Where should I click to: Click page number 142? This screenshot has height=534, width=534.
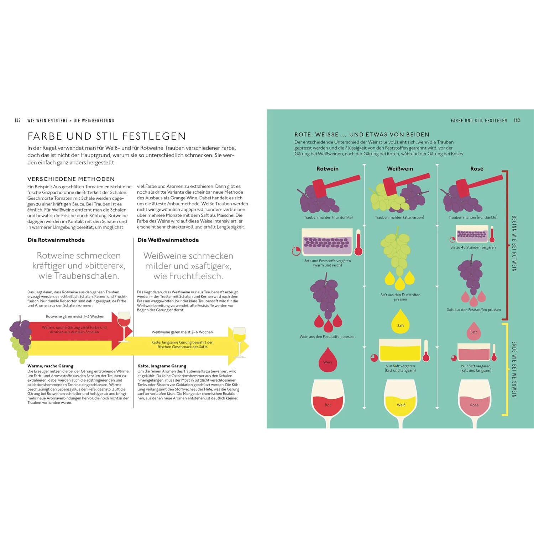[18, 121]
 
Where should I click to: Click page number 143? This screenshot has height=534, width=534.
[517, 121]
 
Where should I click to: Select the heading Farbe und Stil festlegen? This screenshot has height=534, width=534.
[107, 136]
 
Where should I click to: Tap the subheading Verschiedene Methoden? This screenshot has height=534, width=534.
[71, 179]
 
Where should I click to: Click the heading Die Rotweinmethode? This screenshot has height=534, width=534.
[56, 240]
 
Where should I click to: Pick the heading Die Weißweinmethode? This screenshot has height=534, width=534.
[168, 240]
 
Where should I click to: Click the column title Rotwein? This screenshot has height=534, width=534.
[328, 169]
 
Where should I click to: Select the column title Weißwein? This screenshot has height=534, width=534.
[400, 169]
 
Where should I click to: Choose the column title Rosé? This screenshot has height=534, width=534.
[477, 169]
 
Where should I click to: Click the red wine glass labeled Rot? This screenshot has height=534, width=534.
[328, 400]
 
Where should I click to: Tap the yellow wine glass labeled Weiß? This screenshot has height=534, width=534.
[401, 400]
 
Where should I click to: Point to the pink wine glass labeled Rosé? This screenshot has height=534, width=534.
[475, 400]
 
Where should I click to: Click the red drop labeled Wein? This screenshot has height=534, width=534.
[328, 360]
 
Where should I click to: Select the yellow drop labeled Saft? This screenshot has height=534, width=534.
[401, 323]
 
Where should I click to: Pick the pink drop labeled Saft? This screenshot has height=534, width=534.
[473, 331]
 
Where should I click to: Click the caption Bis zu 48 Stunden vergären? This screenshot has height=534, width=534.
[473, 247]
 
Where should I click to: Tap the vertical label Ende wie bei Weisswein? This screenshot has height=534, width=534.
[514, 370]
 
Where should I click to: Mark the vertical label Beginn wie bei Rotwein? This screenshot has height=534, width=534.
[514, 244]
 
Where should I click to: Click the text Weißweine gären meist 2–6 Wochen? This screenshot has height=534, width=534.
[182, 332]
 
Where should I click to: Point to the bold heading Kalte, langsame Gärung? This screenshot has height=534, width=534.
[162, 366]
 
